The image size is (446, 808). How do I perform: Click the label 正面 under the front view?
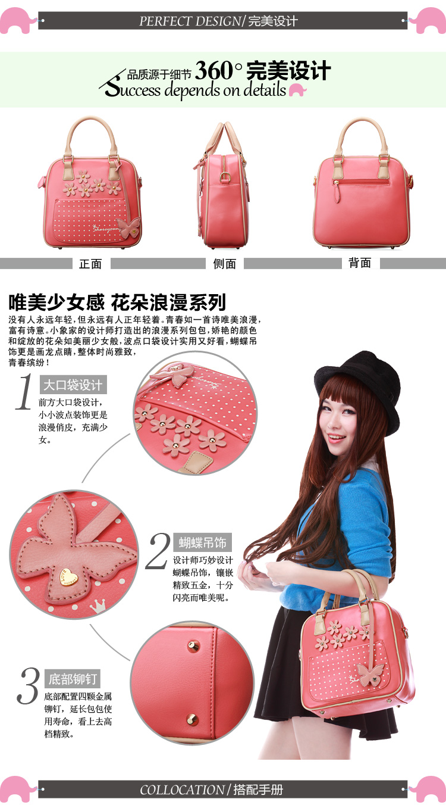click(x=90, y=264)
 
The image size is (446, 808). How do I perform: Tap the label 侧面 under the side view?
click(x=224, y=264)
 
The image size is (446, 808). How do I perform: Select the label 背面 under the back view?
click(x=360, y=263)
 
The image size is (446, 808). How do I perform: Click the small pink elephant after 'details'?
click(x=297, y=90)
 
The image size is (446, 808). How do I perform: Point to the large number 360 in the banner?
click(x=214, y=70)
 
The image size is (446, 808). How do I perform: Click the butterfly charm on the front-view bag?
click(x=128, y=227)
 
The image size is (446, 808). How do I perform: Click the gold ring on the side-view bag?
click(x=225, y=177)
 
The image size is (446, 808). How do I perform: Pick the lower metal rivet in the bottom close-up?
click(x=192, y=719)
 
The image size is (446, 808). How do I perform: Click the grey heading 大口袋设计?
click(x=73, y=385)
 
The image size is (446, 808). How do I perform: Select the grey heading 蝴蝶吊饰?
click(x=202, y=542)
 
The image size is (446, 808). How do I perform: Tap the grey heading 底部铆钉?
click(x=73, y=679)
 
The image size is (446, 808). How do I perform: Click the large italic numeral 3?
click(x=29, y=685)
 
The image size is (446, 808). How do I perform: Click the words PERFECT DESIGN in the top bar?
click(x=190, y=21)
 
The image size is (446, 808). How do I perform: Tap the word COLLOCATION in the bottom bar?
click(x=182, y=790)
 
